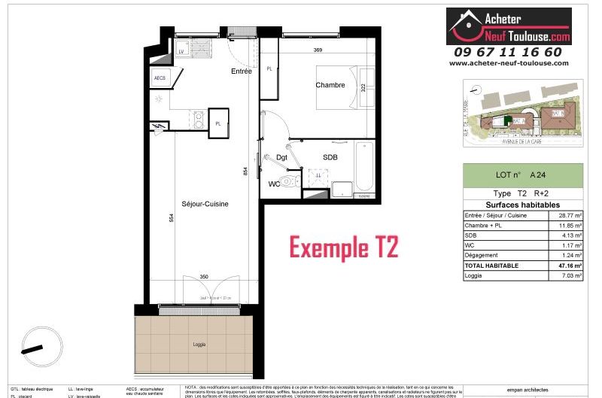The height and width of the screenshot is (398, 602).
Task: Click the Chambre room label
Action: tap(330, 85)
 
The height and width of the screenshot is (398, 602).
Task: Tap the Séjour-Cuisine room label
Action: tap(205, 203)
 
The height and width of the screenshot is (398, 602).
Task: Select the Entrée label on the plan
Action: tap(241, 71)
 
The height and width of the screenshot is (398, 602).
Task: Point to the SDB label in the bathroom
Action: tap(330, 156)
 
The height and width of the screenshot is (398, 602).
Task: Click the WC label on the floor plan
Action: tap(275, 183)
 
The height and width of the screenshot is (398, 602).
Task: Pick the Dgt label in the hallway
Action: tap(282, 157)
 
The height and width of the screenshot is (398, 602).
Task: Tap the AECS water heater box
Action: tap(160, 78)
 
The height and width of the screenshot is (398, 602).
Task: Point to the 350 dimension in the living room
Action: tap(204, 277)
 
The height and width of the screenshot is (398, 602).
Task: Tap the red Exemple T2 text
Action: tap(344, 246)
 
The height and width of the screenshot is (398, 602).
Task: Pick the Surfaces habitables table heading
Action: tap(522, 205)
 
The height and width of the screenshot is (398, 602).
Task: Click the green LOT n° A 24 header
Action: tap(522, 176)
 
